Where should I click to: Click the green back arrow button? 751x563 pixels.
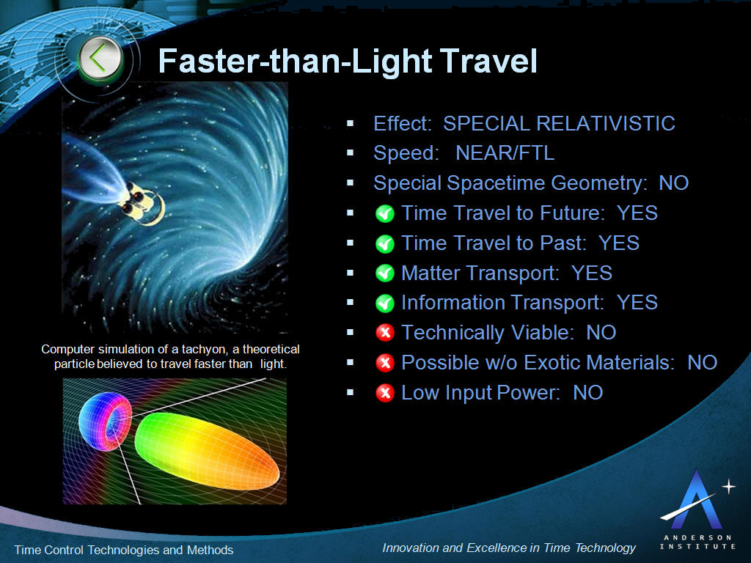click(x=100, y=59)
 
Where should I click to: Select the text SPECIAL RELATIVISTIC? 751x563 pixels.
click(x=559, y=123)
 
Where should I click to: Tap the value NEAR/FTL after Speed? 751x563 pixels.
click(x=505, y=153)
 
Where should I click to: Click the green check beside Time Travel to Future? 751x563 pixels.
click(x=384, y=214)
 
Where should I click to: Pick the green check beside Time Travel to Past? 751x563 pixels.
click(x=384, y=244)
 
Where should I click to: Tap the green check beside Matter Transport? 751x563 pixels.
click(x=384, y=273)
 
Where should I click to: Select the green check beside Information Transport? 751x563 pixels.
click(x=384, y=303)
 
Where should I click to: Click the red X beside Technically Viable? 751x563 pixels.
click(x=384, y=334)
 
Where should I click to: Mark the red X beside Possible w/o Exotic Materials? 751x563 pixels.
click(x=384, y=363)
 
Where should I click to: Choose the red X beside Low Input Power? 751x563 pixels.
click(x=384, y=393)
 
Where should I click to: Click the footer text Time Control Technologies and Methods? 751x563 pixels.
click(x=124, y=550)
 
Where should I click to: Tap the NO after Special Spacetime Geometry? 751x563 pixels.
click(x=673, y=183)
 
